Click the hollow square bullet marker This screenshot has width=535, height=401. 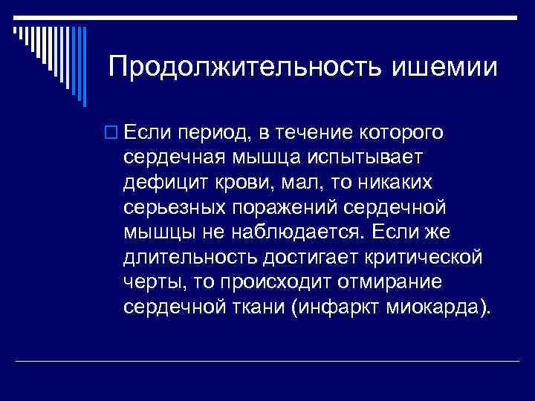[112, 134]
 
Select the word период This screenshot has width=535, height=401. [207, 134]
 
